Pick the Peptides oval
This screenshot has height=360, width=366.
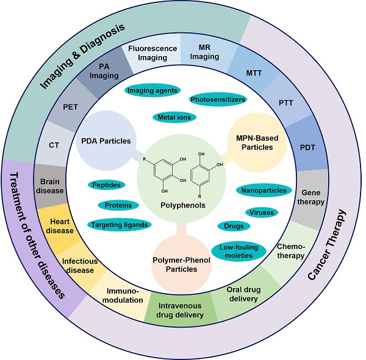click(107, 184)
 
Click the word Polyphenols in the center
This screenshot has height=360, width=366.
click(181, 206)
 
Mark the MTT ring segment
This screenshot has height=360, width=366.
click(256, 73)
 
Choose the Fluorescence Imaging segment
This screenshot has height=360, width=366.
click(157, 52)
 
